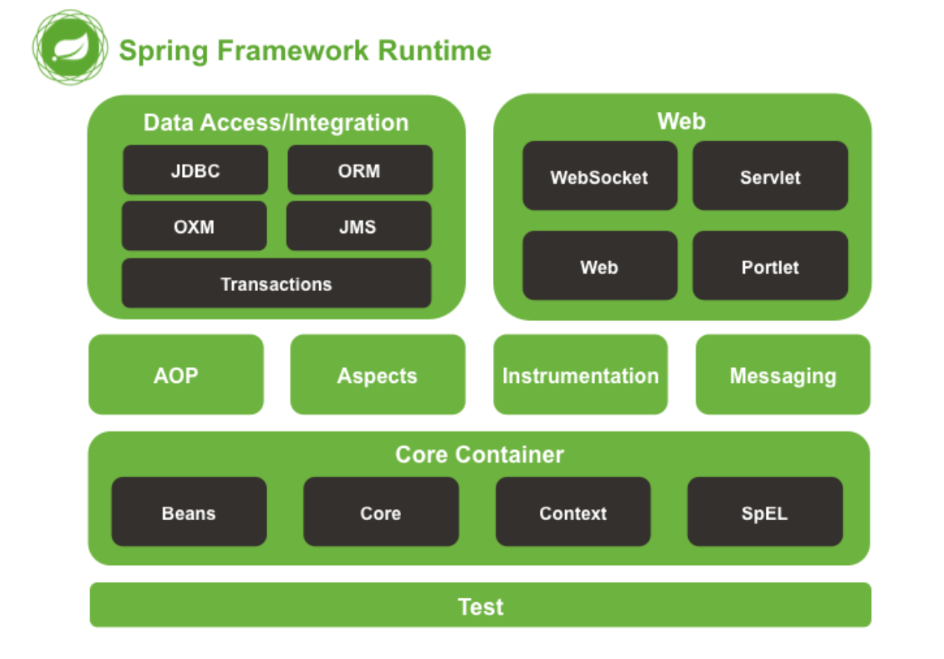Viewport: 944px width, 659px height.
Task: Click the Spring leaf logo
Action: pos(69,48)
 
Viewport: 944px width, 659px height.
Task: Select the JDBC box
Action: pos(195,170)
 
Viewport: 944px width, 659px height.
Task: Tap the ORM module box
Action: pos(359,170)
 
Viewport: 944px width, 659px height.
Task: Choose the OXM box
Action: pos(194,226)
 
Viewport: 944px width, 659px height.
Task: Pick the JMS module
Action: pos(358,226)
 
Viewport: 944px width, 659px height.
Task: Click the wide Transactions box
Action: pos(276,284)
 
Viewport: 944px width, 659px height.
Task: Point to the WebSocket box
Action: pos(600,177)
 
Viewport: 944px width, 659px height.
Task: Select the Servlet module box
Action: pos(770,177)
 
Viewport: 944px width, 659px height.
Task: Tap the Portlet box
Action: pos(770,266)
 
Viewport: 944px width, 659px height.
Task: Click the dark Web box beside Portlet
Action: pos(600,266)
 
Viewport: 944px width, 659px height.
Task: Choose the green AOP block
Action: pos(176,375)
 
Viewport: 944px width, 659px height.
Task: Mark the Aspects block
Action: pos(377,375)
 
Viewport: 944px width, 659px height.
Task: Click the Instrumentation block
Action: pos(580,375)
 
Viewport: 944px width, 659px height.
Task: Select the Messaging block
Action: pos(783,375)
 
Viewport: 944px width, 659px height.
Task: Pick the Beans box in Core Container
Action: pos(189,513)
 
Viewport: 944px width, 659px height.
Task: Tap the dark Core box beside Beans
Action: pos(380,513)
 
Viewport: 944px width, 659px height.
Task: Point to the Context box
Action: pos(573,513)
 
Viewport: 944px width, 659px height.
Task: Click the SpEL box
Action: pos(764,513)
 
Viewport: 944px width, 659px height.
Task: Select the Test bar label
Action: pos(480,606)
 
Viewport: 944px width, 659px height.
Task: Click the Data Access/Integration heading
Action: pos(276,122)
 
